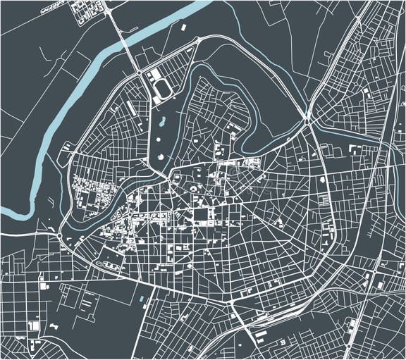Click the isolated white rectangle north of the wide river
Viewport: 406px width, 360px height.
pos(183,27)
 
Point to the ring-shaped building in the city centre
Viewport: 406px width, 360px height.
pos(192,189)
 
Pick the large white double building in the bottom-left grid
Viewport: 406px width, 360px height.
pos(32,327)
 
